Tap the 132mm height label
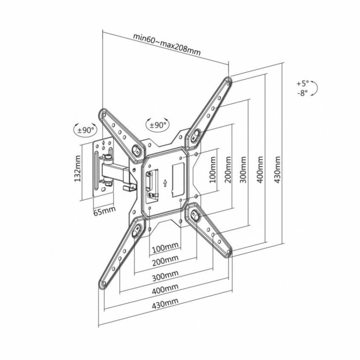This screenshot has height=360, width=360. tap(77, 169)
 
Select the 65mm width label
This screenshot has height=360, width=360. tap(104, 211)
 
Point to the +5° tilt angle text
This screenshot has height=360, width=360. tap(303, 83)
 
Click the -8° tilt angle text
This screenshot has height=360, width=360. tap(303, 93)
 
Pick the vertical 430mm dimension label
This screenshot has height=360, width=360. tap(278, 170)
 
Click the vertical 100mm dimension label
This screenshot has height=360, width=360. tap(213, 170)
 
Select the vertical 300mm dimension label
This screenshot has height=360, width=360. tap(243, 170)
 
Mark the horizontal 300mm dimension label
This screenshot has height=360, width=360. tap(165, 276)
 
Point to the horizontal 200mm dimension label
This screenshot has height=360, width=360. tap(165, 261)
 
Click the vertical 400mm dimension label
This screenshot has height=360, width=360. tap(260, 170)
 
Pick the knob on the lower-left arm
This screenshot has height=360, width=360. tap(136, 231)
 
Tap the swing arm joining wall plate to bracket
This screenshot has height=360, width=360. tap(115, 171)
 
